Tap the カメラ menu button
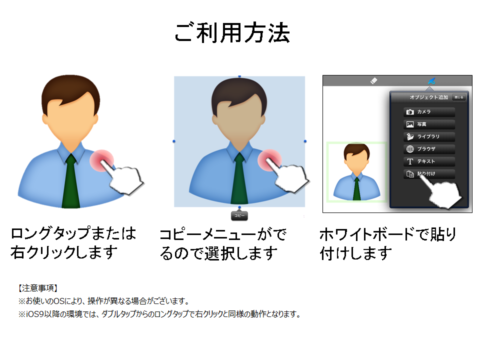click(x=429, y=112)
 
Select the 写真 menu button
click(x=429, y=124)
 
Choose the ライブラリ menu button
click(x=429, y=136)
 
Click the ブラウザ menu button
click(x=429, y=149)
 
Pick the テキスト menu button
click(x=429, y=161)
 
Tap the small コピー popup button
click(x=239, y=215)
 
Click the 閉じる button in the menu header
click(x=459, y=97)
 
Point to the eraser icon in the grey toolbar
click(x=374, y=81)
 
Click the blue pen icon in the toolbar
click(x=431, y=81)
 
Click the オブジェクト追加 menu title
click(x=429, y=97)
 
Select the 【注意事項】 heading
click(x=38, y=288)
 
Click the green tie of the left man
click(x=70, y=181)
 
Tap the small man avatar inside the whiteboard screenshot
click(x=356, y=171)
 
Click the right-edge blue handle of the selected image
click(x=305, y=141)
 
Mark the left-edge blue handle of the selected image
click(x=174, y=141)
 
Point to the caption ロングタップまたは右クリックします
click(x=73, y=243)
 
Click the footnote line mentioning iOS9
click(x=159, y=314)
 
